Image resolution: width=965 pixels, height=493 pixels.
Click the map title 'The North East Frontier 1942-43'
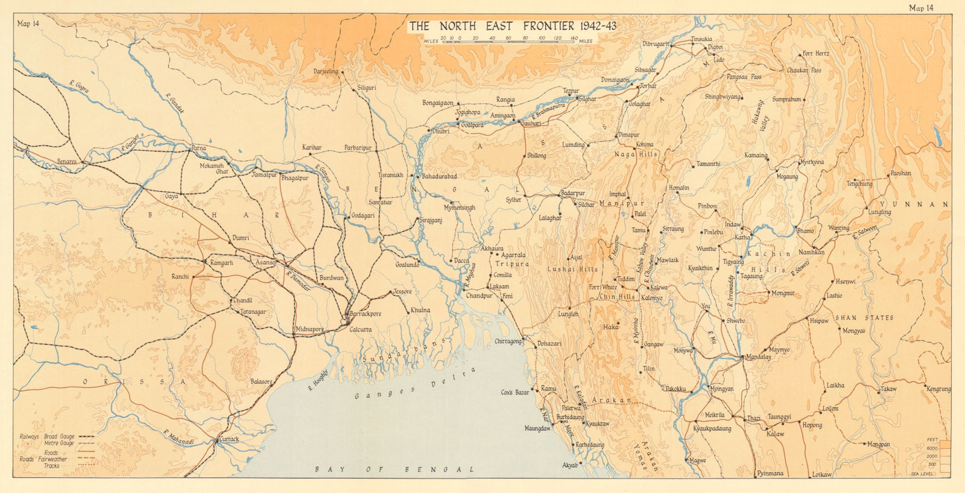513,26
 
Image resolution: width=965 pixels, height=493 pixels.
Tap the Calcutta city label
360,329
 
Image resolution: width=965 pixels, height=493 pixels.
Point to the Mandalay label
759,357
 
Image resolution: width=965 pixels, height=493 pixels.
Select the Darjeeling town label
326,72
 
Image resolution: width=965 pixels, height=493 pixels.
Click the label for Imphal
618,194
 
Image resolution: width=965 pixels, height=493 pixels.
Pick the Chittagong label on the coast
508,342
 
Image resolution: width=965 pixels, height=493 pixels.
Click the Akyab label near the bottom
570,465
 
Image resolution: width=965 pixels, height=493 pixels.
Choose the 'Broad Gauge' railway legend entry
59,436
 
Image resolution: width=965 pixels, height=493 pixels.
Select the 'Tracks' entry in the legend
51,466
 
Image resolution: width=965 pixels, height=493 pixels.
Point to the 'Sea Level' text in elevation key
922,474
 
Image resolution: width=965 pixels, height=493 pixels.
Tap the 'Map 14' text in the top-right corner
921,8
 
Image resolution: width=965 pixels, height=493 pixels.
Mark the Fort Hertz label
815,54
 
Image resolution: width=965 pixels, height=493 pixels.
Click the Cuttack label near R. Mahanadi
229,439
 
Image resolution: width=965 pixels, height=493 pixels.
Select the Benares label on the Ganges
66,162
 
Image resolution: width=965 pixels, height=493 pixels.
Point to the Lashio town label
834,296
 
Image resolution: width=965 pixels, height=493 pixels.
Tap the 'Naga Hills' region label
636,154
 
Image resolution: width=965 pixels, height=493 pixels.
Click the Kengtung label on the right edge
938,389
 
